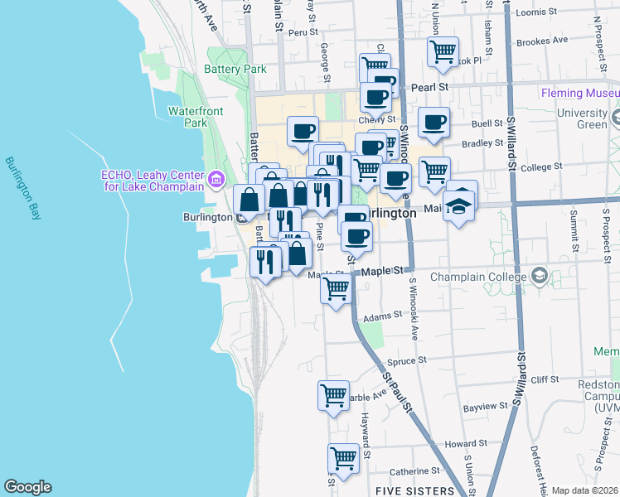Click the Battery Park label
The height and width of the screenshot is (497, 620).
click(235, 70)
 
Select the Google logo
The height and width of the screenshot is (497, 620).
click(27, 487)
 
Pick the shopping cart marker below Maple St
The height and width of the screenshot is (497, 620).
click(336, 290)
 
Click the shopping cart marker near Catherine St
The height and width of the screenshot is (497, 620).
click(343, 457)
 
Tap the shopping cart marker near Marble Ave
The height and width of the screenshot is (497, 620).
click(332, 395)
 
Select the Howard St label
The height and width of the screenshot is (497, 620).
click(459, 445)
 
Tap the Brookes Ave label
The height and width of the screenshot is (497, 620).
click(541, 40)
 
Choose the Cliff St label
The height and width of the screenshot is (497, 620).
click(545, 379)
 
